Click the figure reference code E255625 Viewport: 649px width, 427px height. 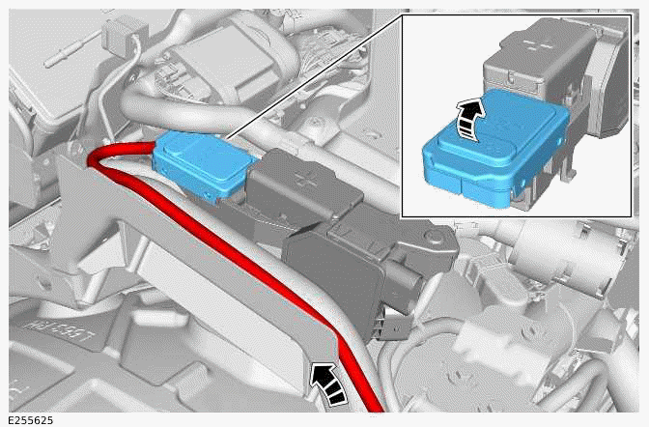point(31,421)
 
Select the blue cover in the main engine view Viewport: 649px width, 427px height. point(202,164)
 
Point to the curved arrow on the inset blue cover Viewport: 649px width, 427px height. point(469,120)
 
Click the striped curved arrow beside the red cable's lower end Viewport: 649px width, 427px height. point(329,384)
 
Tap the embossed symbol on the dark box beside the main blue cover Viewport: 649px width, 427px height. point(301,179)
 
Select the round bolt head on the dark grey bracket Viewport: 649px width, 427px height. point(433,238)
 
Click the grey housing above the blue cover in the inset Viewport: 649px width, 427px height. point(538,62)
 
